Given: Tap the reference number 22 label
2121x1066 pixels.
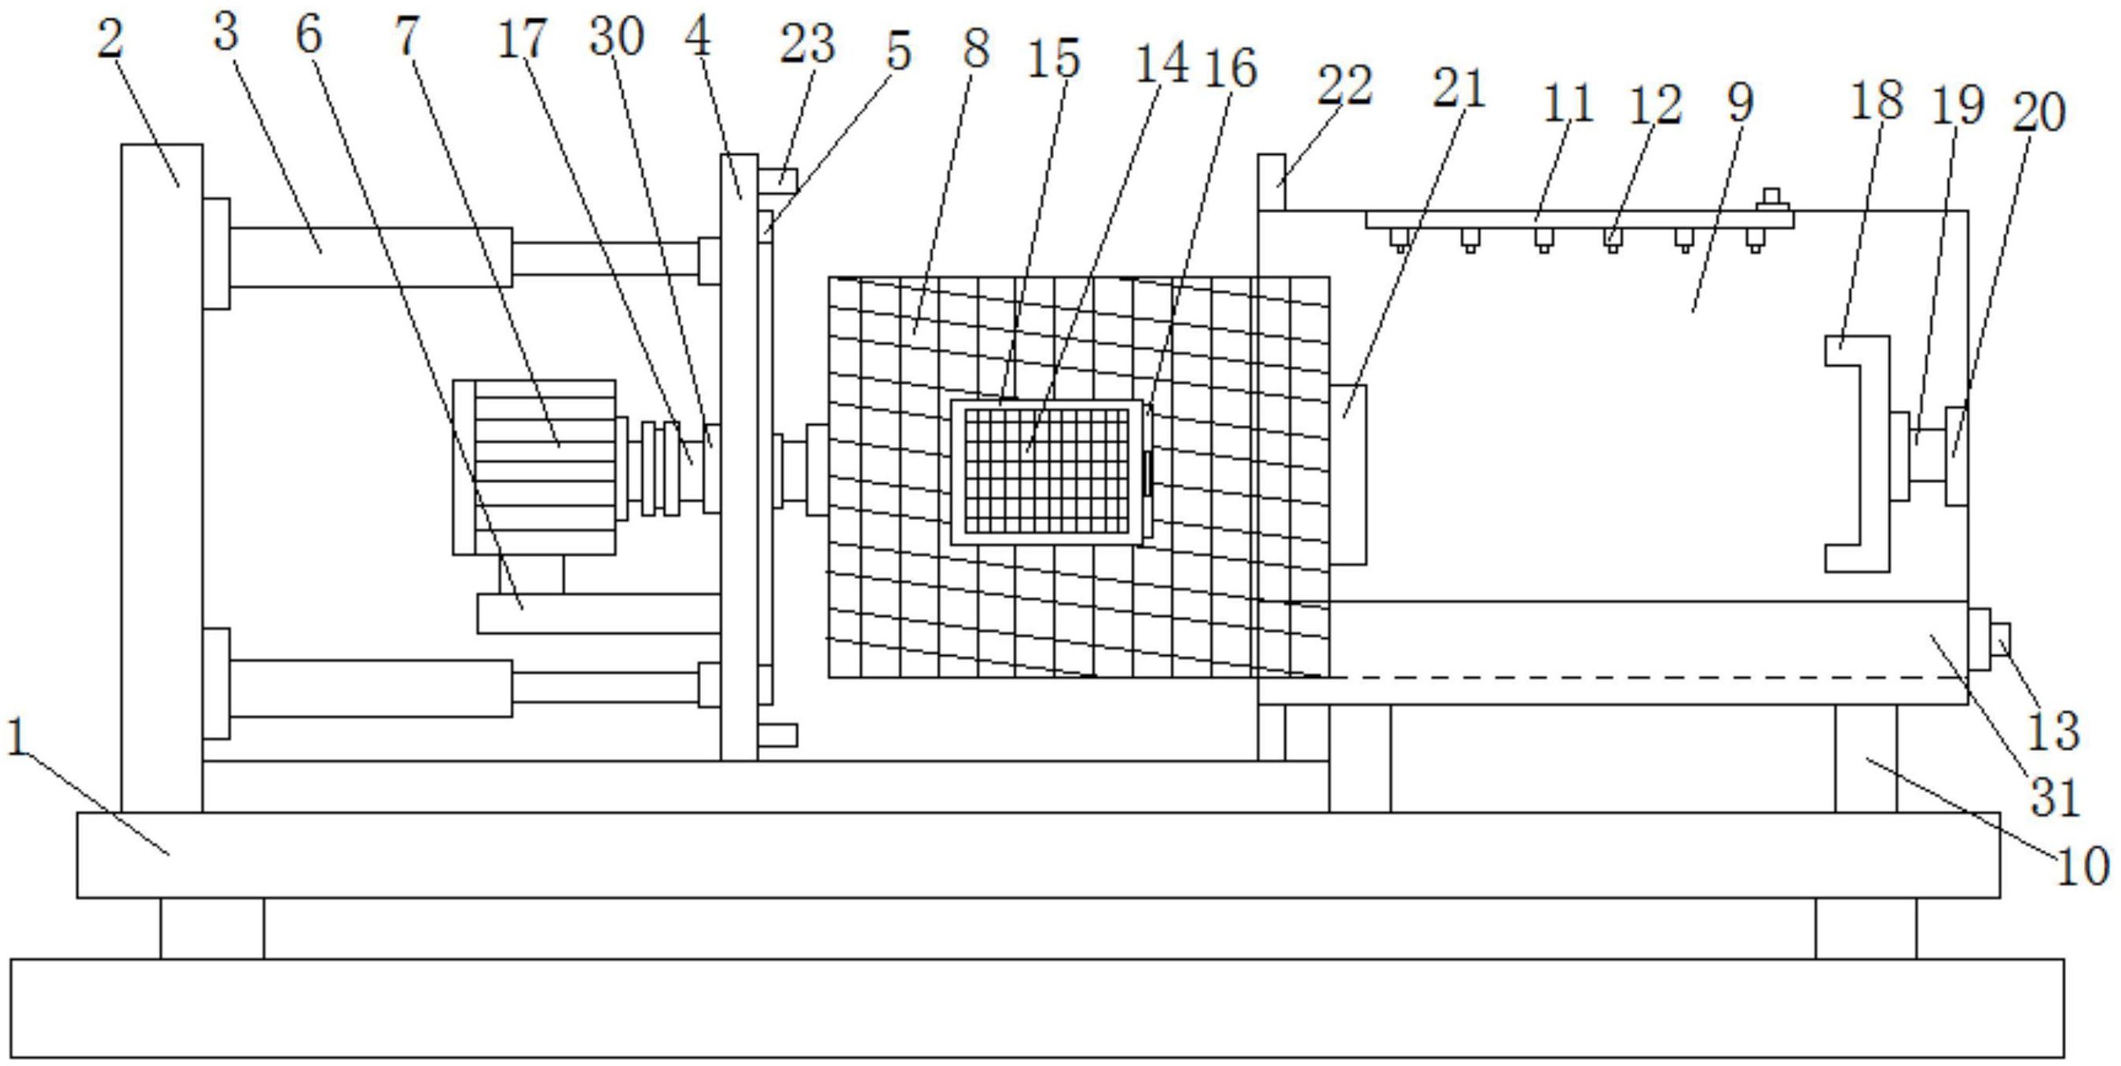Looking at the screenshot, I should (x=1345, y=86).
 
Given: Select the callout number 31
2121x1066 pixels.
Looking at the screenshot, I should (x=2055, y=796).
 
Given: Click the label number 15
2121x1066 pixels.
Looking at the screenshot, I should (x=1053, y=59).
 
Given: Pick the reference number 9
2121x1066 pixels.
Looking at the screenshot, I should (x=1741, y=103).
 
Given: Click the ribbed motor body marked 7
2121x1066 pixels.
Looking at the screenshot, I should (x=544, y=467).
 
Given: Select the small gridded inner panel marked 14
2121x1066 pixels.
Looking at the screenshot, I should (x=1047, y=471).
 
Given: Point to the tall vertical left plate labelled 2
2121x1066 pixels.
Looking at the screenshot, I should (x=161, y=478).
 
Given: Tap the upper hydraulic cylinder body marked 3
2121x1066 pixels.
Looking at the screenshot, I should (x=370, y=257).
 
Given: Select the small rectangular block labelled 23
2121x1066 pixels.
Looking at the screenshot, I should (x=778, y=180).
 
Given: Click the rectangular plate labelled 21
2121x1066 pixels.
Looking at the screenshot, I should (x=1349, y=474).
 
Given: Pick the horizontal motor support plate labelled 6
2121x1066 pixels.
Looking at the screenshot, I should (x=599, y=614).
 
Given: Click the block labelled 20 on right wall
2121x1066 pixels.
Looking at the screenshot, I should (x=1956, y=456).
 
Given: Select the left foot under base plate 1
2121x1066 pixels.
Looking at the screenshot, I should (x=211, y=928).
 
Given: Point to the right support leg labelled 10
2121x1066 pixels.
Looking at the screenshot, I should (x=1866, y=757).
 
